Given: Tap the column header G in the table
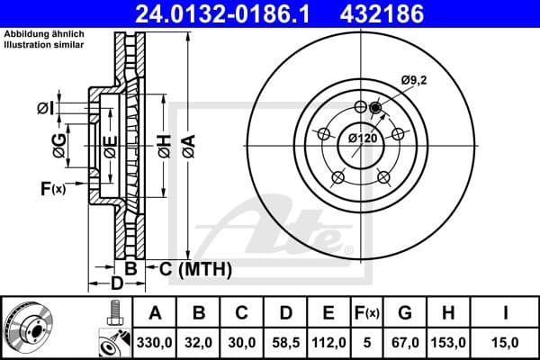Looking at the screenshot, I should click(x=406, y=312).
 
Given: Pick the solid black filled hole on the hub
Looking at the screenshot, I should click(x=375, y=109).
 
